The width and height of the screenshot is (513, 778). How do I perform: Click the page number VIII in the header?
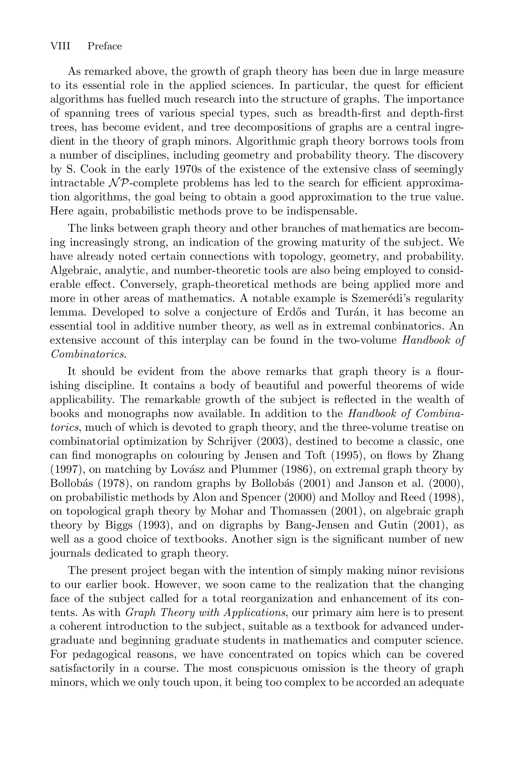click(x=60, y=46)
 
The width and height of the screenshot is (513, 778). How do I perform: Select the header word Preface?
click(x=105, y=46)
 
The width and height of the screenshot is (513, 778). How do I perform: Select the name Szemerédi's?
click(x=388, y=298)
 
